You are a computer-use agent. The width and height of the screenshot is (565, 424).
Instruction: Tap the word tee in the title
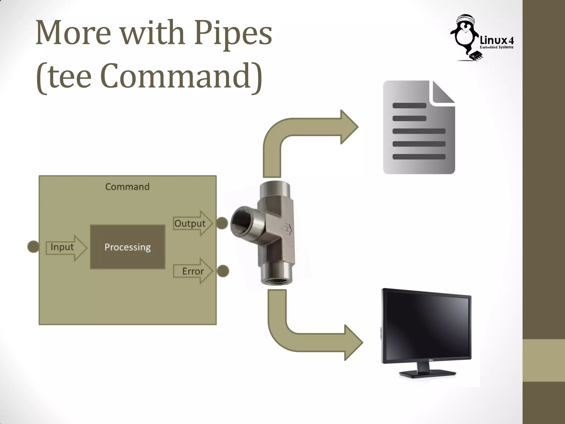[70, 76]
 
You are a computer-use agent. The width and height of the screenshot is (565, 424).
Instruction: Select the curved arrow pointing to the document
[303, 132]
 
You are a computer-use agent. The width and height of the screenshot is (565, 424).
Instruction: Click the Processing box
[128, 247]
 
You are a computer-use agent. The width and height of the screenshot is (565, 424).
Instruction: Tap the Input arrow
[66, 247]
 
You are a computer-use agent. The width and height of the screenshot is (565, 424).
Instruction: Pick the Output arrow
[193, 223]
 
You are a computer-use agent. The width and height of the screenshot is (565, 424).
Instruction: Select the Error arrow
[193, 271]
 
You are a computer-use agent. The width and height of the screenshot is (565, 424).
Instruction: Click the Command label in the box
[127, 187]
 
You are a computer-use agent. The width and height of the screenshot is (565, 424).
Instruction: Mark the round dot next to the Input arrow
[33, 247]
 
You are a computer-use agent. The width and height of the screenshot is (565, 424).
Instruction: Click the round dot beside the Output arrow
[222, 223]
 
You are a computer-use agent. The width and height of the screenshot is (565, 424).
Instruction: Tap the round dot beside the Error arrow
[223, 271]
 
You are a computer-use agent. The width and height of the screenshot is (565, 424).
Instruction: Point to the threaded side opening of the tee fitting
[240, 221]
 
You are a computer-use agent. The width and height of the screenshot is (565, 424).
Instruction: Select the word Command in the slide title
[177, 76]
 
